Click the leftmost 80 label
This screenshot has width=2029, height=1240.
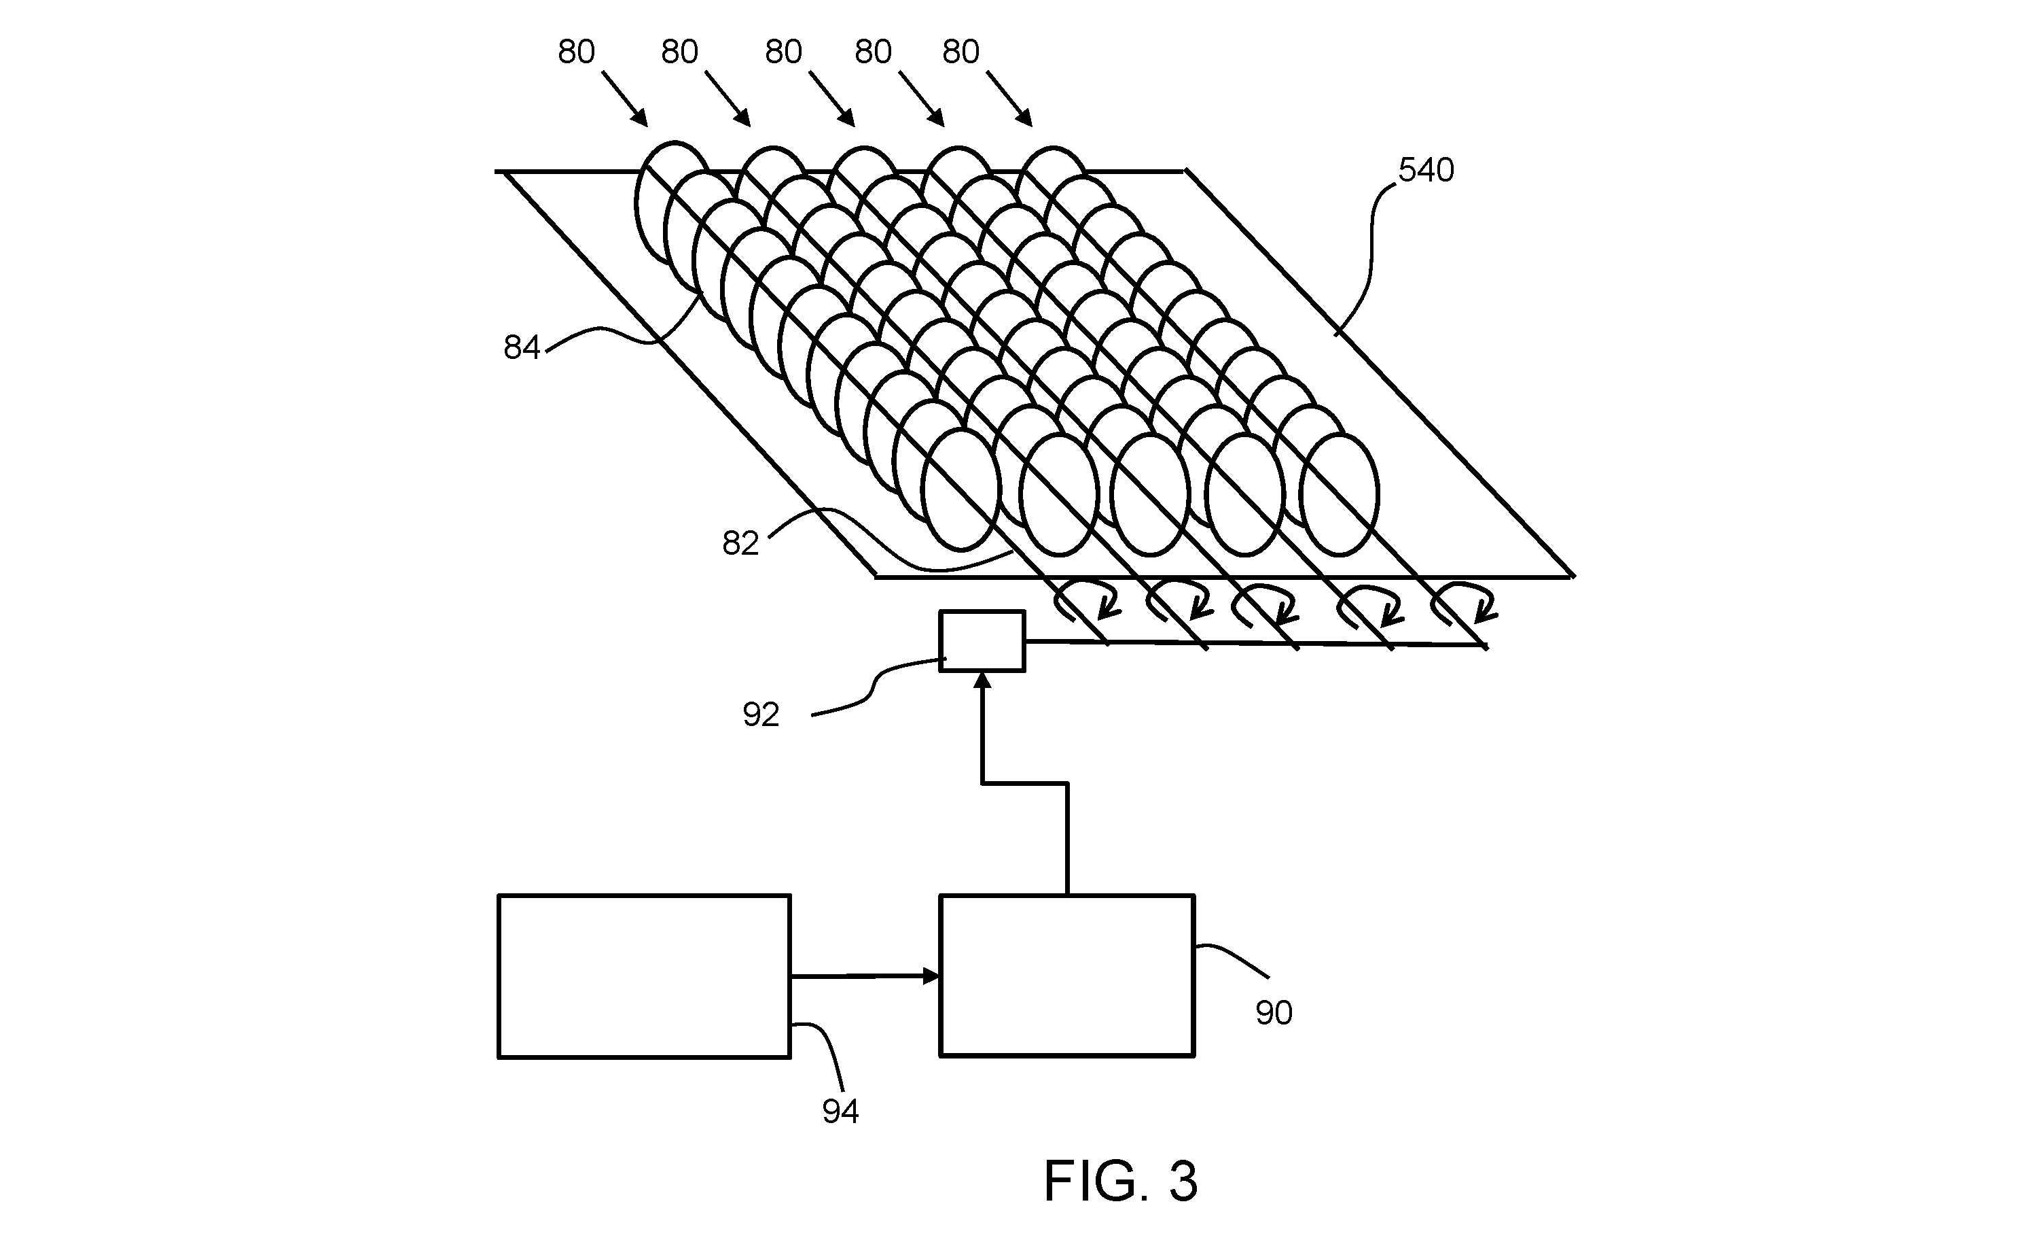577,52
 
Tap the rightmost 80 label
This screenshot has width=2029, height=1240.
961,52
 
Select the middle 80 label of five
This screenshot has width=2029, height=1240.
783,52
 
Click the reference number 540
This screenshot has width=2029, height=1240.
1426,170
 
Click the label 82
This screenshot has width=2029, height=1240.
740,543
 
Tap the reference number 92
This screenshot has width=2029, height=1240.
761,714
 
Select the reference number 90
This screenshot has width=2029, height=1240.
1274,1012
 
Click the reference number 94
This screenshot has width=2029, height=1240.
841,1112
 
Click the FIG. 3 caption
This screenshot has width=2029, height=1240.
1120,1181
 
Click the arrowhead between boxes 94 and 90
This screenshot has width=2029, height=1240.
931,976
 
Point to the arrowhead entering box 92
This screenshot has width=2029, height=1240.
982,681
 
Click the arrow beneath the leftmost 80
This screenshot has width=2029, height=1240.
625,99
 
